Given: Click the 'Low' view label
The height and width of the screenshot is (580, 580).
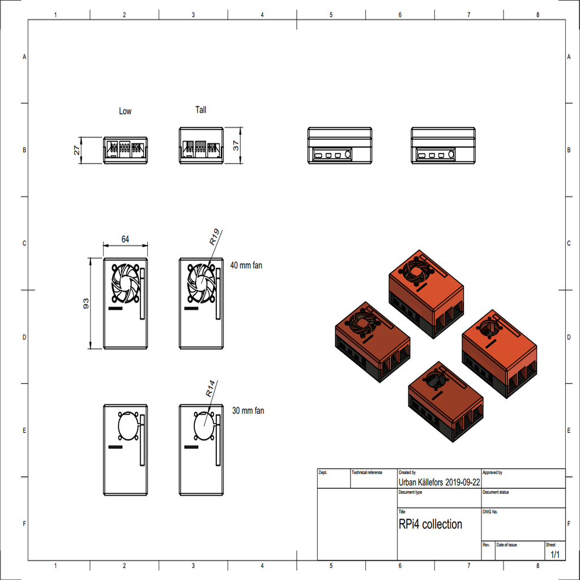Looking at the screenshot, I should point(125,111).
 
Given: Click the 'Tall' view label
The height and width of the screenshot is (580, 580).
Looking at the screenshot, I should point(201,110).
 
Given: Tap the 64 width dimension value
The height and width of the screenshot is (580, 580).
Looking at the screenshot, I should point(125,240).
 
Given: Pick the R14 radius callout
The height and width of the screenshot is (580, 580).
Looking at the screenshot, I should point(210,388).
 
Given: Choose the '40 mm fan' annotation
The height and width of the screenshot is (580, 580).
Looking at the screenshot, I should point(246,265).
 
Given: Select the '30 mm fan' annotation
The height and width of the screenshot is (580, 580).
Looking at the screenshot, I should point(248,410).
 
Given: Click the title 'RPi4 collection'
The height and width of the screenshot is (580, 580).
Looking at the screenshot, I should point(430,524).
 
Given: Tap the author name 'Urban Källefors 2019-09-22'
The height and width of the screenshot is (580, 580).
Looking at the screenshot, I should point(440,482).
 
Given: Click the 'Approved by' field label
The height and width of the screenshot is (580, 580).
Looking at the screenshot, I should point(492,472).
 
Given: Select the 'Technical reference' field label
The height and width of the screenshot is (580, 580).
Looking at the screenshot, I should point(367,472).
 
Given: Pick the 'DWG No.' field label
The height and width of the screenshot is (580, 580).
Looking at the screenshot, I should point(491,511).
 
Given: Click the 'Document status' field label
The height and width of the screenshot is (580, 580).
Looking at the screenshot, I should point(496,492).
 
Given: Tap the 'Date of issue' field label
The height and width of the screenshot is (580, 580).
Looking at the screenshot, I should point(506,544).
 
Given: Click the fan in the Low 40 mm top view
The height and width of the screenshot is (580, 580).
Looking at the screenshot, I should point(125,283).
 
